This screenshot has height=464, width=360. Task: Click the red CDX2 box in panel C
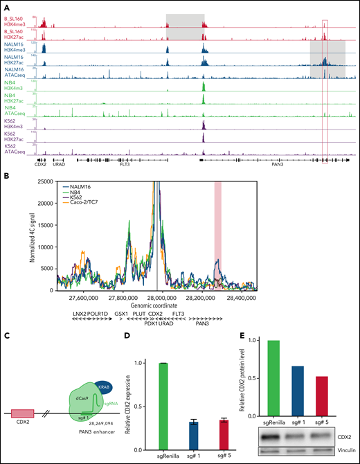(x=22, y=413)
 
